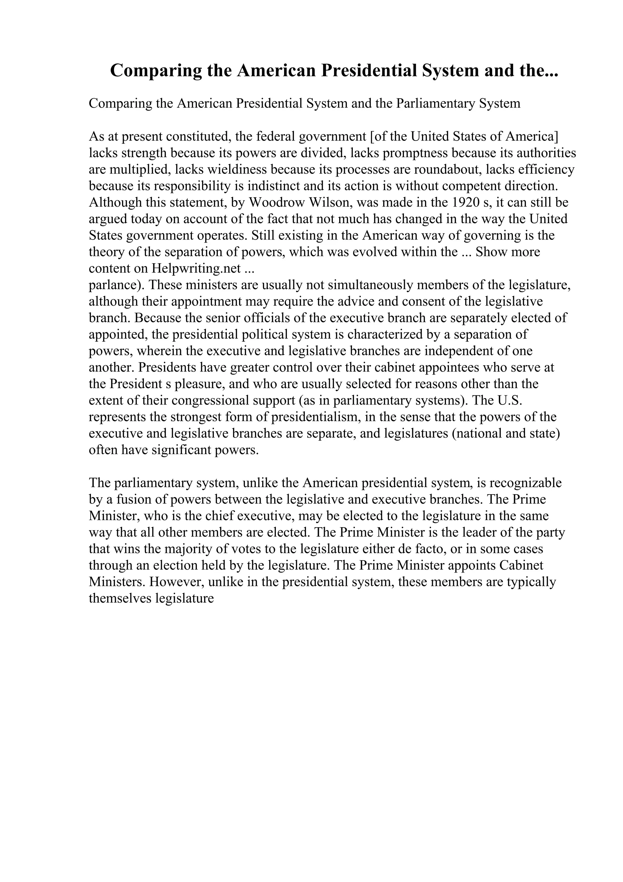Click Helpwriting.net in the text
[x=196, y=268]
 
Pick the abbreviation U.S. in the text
[x=510, y=400]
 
